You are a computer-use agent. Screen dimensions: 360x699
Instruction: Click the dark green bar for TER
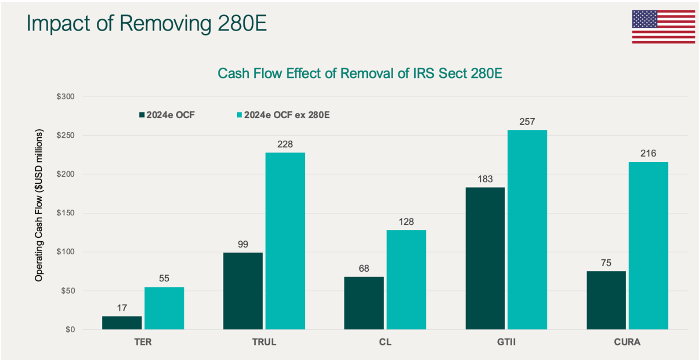click(122, 323)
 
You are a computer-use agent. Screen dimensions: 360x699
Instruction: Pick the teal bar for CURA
click(648, 246)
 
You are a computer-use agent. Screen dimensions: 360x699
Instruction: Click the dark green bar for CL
click(364, 303)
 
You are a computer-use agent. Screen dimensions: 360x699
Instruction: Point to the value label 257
click(527, 122)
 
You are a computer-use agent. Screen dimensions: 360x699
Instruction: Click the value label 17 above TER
click(122, 308)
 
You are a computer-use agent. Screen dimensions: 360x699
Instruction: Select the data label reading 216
click(648, 153)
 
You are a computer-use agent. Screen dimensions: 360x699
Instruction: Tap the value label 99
click(243, 244)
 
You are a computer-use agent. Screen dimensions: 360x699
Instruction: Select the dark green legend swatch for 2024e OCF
click(142, 115)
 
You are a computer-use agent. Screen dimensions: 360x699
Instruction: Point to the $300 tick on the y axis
click(65, 97)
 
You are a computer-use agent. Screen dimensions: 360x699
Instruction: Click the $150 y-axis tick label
click(65, 213)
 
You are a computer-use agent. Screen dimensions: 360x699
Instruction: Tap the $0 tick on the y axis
click(70, 330)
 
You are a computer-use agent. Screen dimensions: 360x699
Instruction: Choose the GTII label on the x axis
click(506, 342)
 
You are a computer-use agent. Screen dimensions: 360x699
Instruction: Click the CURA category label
click(627, 342)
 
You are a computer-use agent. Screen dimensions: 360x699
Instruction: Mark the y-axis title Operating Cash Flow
click(39, 205)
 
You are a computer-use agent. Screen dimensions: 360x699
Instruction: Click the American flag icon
click(663, 27)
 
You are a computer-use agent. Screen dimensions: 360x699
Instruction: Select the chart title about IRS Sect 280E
click(360, 73)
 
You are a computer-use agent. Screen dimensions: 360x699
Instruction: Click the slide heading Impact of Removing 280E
click(146, 23)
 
